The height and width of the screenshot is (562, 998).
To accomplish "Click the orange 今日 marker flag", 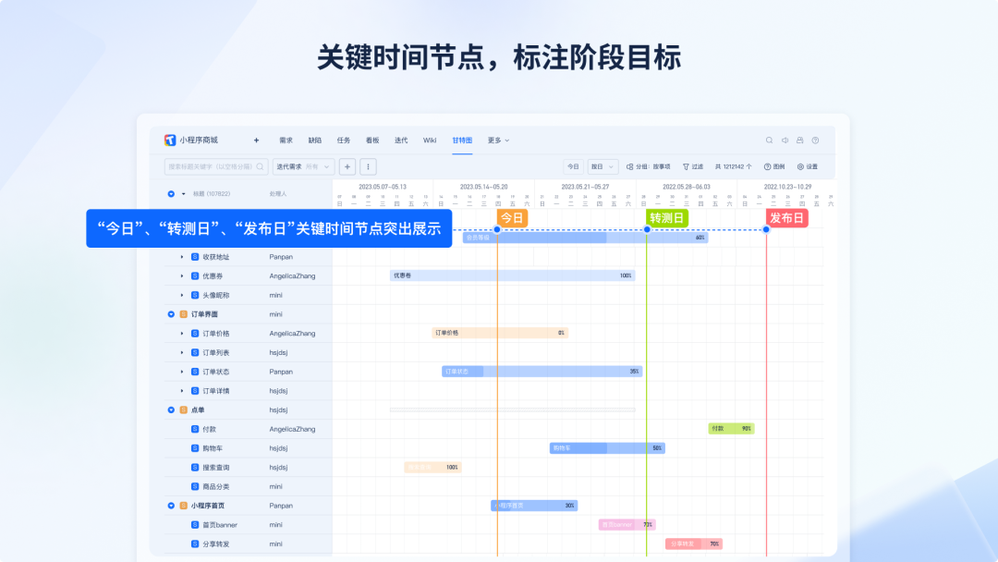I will pyautogui.click(x=513, y=218).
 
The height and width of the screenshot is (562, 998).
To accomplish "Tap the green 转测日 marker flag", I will pyautogui.click(x=667, y=218).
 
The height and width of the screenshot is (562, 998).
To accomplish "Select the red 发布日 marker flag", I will pyautogui.click(x=786, y=218).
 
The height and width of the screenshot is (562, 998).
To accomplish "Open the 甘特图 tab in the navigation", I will pyautogui.click(x=462, y=140).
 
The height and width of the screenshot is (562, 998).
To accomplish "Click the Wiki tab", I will pyautogui.click(x=430, y=140).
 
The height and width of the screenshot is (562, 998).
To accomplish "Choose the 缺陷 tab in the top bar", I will pyautogui.click(x=315, y=140).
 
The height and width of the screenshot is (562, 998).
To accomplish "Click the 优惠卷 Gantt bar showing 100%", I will pyautogui.click(x=512, y=275).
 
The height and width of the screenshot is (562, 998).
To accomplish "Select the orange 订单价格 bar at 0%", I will pyautogui.click(x=499, y=333).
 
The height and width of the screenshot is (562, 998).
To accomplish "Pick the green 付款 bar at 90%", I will pyautogui.click(x=731, y=429).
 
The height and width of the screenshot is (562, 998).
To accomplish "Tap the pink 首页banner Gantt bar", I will pyautogui.click(x=627, y=525).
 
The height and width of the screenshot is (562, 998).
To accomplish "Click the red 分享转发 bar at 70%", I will pyautogui.click(x=693, y=544).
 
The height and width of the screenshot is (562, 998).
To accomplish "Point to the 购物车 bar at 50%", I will pyautogui.click(x=606, y=448).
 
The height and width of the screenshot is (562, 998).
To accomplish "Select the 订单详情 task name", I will pyautogui.click(x=216, y=391).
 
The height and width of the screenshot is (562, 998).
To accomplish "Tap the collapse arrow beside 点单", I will pyautogui.click(x=171, y=409).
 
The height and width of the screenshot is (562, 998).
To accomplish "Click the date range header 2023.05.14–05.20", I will pyautogui.click(x=483, y=187).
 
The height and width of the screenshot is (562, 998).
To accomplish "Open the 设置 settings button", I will pyautogui.click(x=807, y=166).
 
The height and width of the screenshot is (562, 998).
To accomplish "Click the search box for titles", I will pyautogui.click(x=213, y=166).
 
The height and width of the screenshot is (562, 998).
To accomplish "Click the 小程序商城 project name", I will pyautogui.click(x=199, y=140).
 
